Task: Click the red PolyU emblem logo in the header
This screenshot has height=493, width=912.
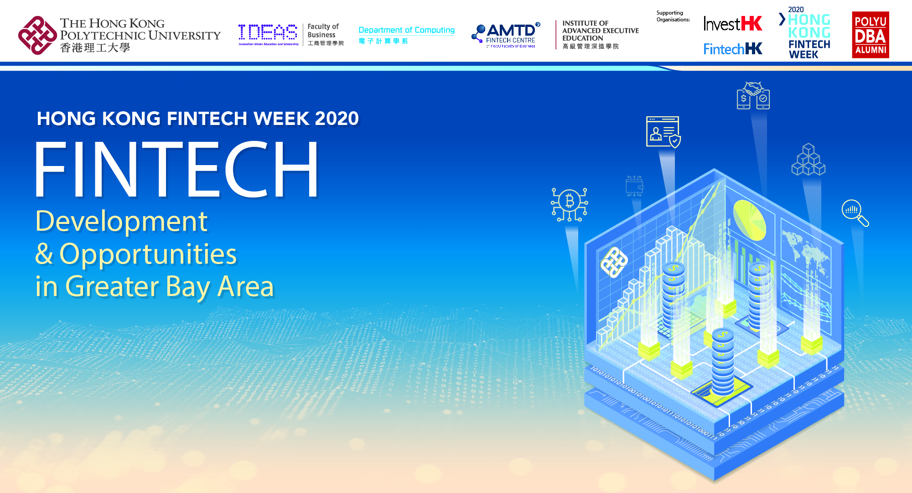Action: click(37, 35)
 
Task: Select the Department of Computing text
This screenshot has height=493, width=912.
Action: click(406, 30)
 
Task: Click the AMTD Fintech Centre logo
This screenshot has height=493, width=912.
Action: click(506, 35)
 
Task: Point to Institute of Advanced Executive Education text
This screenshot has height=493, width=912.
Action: click(600, 31)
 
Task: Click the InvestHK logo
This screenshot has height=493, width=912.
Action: click(732, 23)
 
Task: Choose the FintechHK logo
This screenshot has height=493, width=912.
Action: click(732, 49)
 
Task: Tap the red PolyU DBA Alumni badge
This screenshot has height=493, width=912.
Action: click(870, 35)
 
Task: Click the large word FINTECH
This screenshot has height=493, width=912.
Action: click(177, 170)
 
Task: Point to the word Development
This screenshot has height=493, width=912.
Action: click(121, 222)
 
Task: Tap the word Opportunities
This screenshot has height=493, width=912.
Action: click(148, 254)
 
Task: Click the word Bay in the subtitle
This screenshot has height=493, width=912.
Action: click(188, 287)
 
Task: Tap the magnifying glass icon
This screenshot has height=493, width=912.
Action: click(854, 213)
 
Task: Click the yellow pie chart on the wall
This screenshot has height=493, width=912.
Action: click(749, 220)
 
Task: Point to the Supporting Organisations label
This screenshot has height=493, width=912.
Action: click(673, 16)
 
